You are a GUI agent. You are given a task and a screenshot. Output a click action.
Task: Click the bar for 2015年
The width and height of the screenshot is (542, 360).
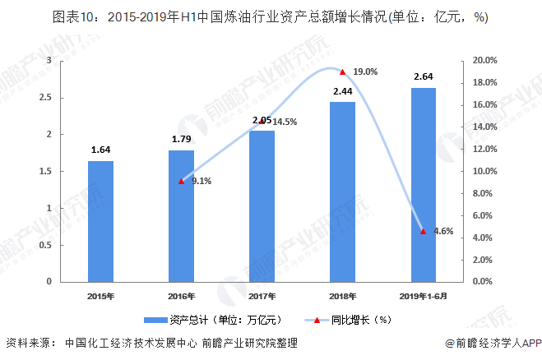100,221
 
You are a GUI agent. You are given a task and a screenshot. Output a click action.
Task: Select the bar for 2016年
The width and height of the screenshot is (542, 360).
181,215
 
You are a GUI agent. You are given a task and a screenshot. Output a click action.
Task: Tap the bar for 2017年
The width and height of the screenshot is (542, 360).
262,205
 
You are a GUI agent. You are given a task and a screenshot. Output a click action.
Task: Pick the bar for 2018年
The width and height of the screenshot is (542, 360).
342,192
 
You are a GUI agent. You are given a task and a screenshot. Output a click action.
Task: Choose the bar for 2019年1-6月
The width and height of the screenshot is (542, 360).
423,184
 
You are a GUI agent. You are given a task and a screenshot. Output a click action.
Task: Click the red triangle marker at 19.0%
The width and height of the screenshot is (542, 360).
342,72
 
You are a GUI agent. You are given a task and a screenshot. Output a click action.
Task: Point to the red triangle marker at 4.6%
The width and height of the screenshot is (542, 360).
423,231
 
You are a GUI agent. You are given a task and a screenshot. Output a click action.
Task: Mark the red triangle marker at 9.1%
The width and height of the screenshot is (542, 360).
181,181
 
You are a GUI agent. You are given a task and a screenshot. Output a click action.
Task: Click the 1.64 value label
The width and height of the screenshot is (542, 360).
100,150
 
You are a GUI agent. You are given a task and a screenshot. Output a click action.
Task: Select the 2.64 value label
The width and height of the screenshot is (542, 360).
423,76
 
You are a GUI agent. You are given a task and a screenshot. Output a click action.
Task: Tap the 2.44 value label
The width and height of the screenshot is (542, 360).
342,91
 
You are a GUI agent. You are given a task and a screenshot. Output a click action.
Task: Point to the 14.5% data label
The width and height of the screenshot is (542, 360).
285,122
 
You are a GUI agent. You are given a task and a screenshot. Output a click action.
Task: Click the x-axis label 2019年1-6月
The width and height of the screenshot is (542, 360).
423,296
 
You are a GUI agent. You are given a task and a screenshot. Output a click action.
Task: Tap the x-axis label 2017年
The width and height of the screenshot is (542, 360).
262,296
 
